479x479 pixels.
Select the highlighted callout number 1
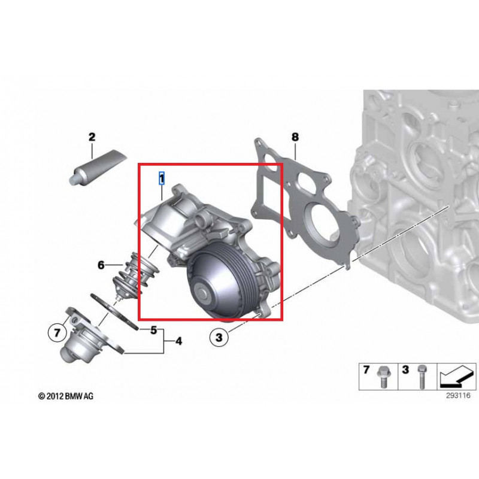pos(161,177)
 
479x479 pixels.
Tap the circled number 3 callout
pos(219,338)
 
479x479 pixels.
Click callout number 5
pos(153,329)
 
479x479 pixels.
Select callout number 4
pos(178,341)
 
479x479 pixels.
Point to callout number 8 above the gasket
pos(295,137)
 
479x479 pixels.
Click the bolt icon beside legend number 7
pos(381,377)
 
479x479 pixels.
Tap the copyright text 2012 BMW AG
pos(66,396)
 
